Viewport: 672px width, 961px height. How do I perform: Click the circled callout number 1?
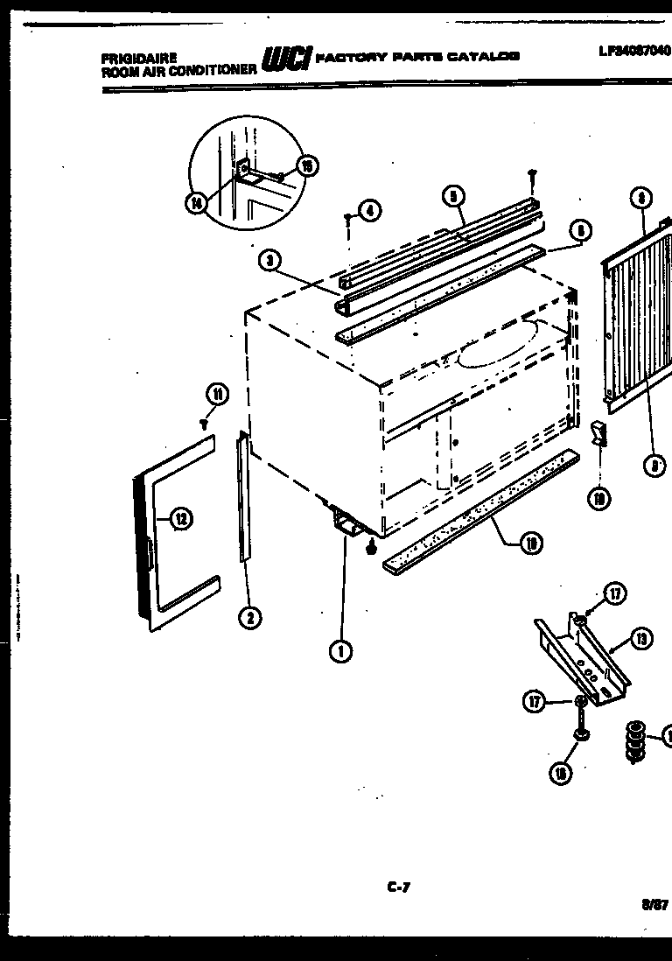(341, 650)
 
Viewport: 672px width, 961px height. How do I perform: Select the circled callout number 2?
(249, 618)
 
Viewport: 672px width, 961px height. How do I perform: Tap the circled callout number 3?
(270, 261)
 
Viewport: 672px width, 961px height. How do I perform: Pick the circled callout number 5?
(452, 197)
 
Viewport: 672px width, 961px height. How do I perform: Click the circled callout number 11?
(217, 395)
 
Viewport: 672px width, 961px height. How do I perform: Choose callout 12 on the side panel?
(180, 520)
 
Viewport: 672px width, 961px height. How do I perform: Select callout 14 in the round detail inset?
(196, 203)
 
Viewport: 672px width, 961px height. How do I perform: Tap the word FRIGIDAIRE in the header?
(132, 59)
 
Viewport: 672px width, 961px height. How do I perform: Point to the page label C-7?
(398, 887)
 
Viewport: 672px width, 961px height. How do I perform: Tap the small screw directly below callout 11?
(204, 423)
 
